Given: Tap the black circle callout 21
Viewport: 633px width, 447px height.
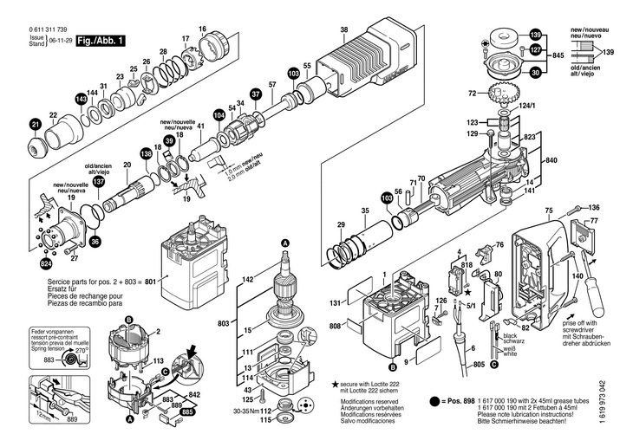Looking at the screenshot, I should [36, 126].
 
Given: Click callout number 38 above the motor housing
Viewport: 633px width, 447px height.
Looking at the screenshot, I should [344, 30].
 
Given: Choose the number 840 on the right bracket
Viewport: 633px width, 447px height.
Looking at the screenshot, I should [551, 161].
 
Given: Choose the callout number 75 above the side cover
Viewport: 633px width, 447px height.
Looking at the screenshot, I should [548, 211].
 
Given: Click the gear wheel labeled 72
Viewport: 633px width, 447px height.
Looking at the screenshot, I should [507, 94].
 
